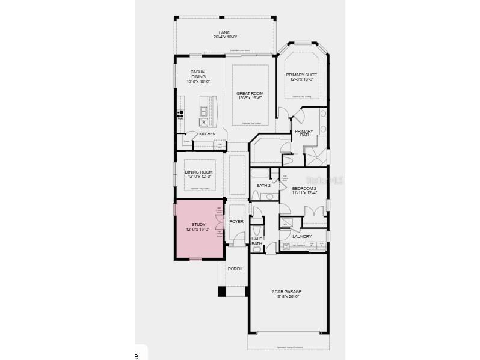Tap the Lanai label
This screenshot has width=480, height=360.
click(x=225, y=33)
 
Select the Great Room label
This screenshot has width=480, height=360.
click(x=250, y=93)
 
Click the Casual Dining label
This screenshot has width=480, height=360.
click(x=198, y=75)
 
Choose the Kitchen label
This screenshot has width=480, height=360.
click(x=207, y=133)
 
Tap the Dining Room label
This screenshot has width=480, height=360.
click(x=198, y=173)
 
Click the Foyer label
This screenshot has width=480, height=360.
click(x=236, y=222)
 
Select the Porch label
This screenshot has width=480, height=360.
click(x=235, y=269)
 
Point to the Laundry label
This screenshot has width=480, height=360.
click(x=301, y=236)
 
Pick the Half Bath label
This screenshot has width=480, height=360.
click(x=257, y=241)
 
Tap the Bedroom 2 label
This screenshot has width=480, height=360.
click(x=304, y=188)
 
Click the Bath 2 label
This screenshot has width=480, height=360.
click(x=263, y=186)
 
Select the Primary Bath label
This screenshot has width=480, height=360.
click(x=303, y=133)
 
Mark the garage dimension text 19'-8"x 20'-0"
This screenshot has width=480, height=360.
click(x=286, y=296)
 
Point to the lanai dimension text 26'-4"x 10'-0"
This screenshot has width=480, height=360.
click(x=225, y=37)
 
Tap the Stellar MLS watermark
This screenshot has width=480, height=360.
click(x=324, y=179)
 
